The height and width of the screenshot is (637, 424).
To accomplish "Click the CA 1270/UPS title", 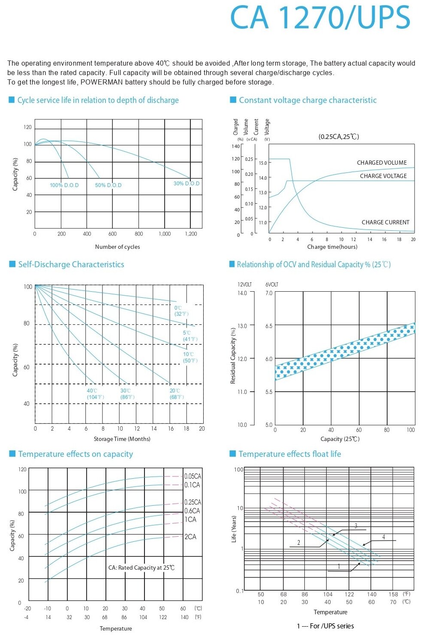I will click(320, 18).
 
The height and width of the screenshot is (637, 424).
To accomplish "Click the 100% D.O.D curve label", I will click(64, 185).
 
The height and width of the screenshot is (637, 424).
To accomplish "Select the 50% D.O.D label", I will click(108, 185).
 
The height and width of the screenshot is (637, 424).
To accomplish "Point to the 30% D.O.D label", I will click(186, 184).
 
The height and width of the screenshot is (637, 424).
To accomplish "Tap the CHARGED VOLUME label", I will click(382, 163).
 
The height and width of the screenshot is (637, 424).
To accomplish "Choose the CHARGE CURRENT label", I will click(385, 222).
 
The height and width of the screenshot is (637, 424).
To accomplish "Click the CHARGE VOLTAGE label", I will click(383, 176).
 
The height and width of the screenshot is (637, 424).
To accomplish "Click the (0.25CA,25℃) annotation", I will click(339, 136).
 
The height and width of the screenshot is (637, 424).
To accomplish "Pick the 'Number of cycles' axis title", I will click(117, 247).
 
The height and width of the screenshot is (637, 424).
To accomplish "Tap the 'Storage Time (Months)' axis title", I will click(122, 439).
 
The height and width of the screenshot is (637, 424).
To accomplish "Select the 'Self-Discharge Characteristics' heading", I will click(71, 265).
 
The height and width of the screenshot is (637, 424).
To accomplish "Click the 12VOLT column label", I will click(245, 284).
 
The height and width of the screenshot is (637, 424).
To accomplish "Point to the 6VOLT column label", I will click(272, 284).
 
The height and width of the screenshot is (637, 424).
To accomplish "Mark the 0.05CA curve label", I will click(192, 476).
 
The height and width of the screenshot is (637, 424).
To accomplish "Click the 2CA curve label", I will click(190, 537).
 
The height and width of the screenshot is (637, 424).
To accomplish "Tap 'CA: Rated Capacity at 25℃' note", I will click(141, 568).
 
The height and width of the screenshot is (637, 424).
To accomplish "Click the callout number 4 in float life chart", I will click(384, 537).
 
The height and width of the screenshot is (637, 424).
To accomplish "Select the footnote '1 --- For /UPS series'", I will click(325, 626).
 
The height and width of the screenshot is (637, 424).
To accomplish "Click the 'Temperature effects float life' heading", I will click(290, 454).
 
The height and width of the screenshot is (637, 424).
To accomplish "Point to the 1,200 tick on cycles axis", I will click(191, 234).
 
